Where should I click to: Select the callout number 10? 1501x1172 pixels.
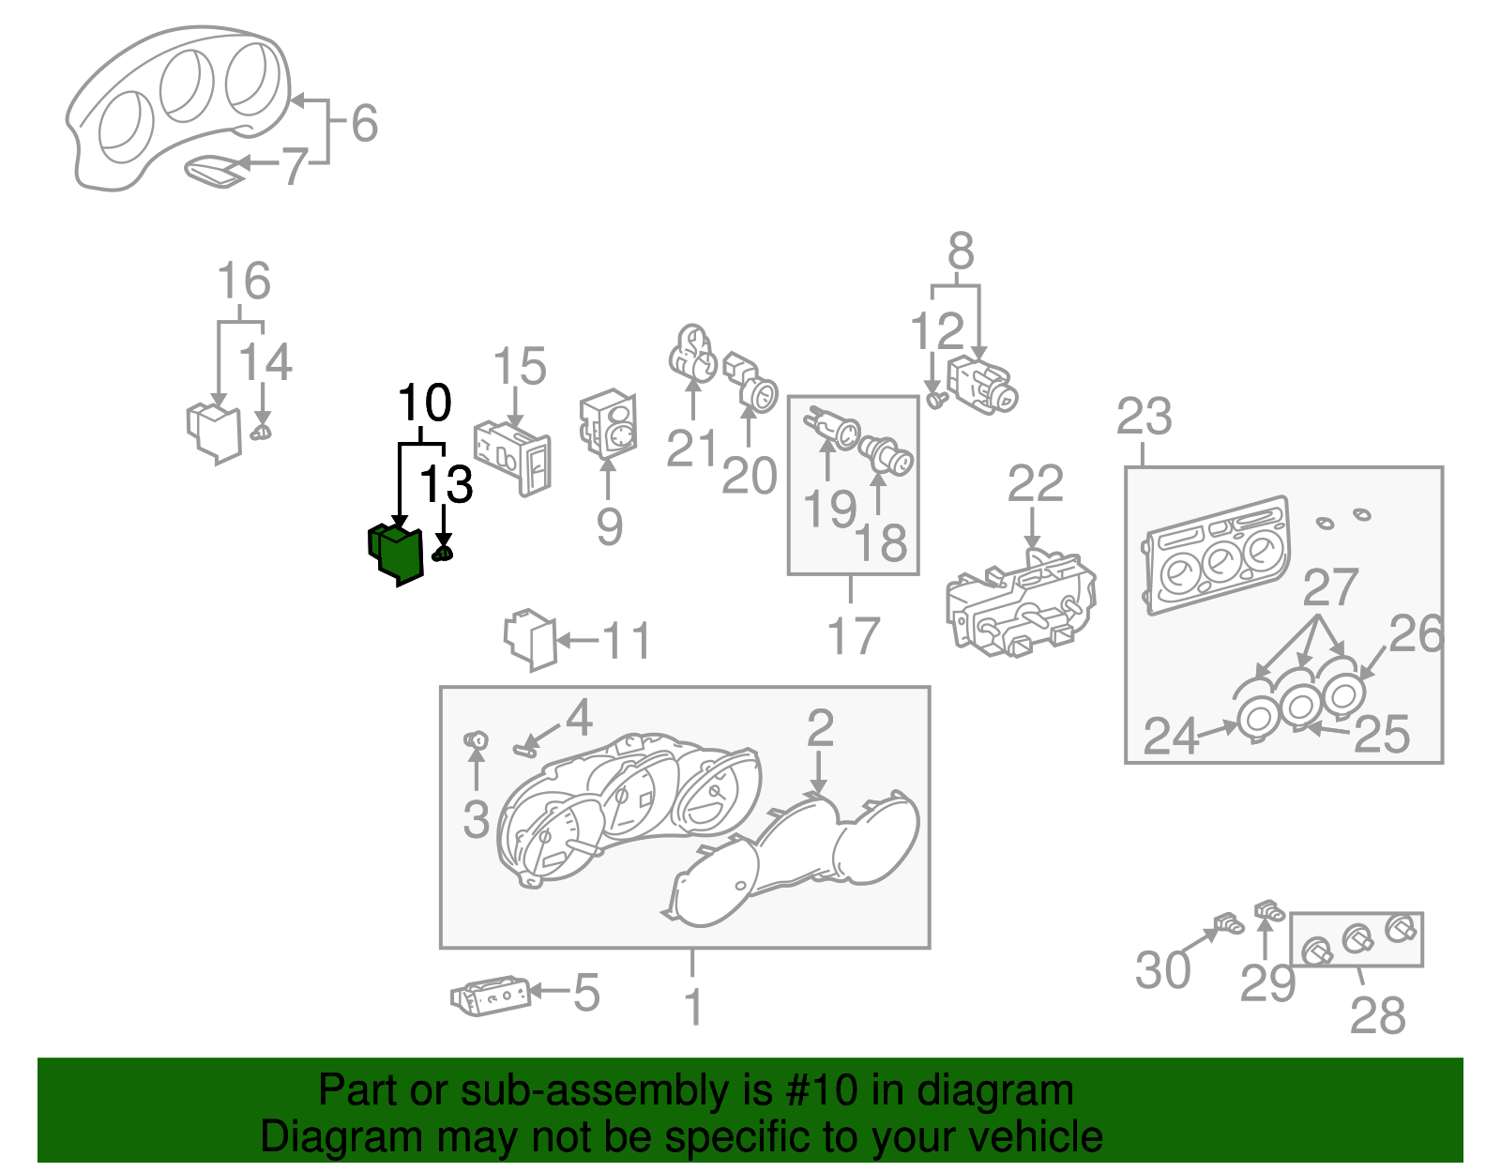(425, 403)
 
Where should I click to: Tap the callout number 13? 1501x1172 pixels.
(446, 485)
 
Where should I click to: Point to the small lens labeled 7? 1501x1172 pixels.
(214, 172)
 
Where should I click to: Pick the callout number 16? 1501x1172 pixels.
(244, 282)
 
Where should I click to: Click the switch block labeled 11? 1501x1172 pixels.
(530, 640)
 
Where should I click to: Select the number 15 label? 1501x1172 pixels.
(520, 367)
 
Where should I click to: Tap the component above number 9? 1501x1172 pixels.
(609, 424)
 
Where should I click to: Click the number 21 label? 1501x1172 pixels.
(692, 449)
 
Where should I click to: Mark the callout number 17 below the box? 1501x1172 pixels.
(853, 636)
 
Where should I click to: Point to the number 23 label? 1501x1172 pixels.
(1145, 417)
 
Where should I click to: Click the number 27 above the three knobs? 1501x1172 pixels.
(1330, 588)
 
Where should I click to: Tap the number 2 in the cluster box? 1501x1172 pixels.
(820, 728)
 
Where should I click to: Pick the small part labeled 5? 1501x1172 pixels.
(490, 996)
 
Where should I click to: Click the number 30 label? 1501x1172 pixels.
(1162, 970)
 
